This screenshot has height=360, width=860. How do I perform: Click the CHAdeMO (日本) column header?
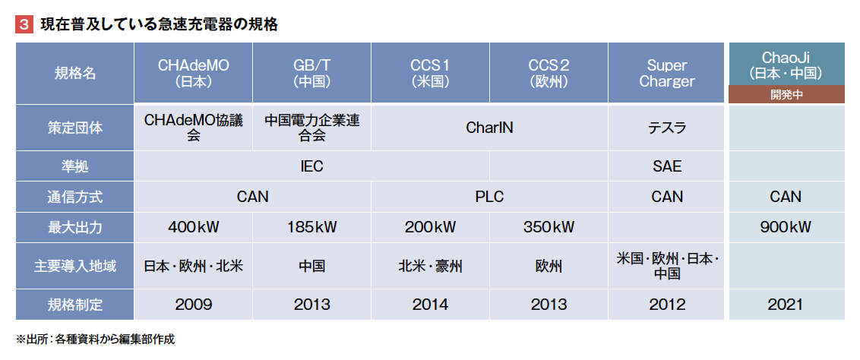coord(193,74)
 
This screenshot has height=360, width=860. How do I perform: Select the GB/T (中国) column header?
coord(311,74)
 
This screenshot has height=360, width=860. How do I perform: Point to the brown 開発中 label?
coord(786,94)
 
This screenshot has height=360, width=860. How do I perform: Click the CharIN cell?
coord(489,128)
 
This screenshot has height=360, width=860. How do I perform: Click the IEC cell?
coord(311,166)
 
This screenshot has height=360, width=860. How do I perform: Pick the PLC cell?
coord(489,197)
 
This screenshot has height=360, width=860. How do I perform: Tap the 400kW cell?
coord(193,227)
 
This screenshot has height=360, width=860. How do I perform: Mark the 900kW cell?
coord(786,227)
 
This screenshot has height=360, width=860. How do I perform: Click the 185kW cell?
coord(311,227)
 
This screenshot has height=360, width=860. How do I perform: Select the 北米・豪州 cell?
coord(430,267)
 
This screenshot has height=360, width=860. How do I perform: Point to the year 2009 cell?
coord(193,305)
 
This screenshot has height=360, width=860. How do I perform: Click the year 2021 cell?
coord(786,305)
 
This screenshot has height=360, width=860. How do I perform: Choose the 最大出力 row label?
coord(74,227)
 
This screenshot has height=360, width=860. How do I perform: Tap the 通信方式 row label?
coord(74,197)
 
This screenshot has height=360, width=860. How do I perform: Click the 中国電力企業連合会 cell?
coord(311,128)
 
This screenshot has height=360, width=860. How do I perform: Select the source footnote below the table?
coord(95,339)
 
